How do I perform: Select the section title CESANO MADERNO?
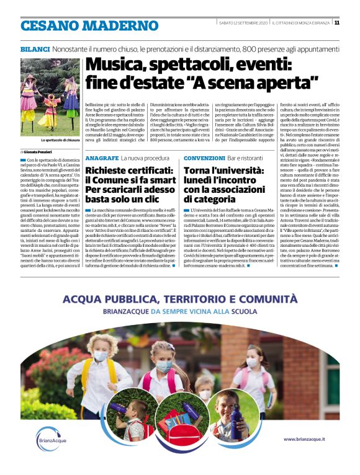81,25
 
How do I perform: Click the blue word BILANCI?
34,48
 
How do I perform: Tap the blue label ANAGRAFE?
102,158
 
